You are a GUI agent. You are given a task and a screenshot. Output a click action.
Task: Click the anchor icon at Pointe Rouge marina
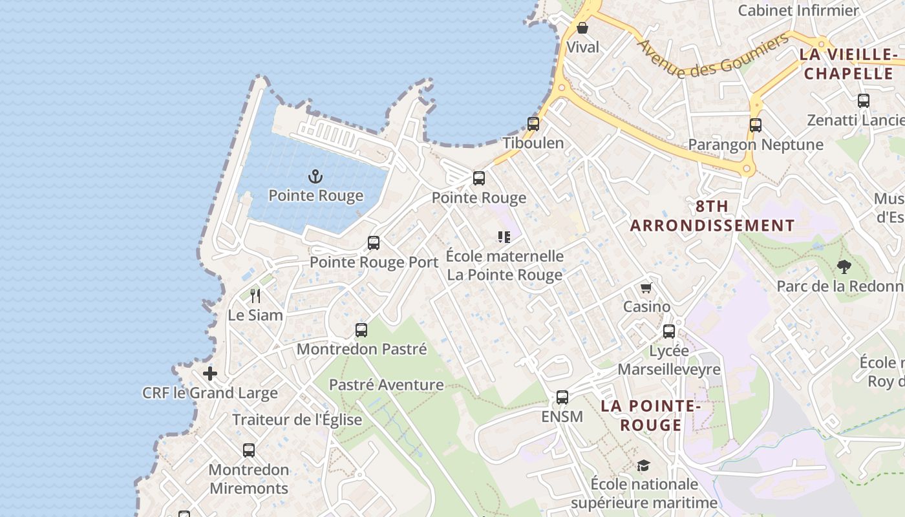[x=315, y=176]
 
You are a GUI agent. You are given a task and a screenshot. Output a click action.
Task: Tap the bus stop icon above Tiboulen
[x=533, y=123]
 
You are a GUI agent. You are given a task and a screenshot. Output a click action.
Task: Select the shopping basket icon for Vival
[x=582, y=28]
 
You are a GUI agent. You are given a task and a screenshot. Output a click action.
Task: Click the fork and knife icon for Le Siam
[x=255, y=296]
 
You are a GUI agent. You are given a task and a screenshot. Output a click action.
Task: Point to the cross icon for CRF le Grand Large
[x=210, y=374]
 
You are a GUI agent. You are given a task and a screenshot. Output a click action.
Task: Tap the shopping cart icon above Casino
[x=646, y=288]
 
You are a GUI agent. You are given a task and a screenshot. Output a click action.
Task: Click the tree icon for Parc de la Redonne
[x=844, y=266]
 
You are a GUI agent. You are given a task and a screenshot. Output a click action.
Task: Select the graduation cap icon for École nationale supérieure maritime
[x=643, y=465]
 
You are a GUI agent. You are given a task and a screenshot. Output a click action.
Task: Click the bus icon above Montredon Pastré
[x=361, y=330]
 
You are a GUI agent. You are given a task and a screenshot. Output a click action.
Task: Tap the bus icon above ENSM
[x=562, y=397]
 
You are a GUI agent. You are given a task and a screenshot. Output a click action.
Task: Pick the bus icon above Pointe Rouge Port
[x=374, y=243]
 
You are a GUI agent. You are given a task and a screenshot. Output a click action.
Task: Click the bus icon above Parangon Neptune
[x=756, y=125]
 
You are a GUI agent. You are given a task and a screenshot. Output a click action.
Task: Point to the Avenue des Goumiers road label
[x=713, y=55]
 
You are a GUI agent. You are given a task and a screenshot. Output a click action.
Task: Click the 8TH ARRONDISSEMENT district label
[x=712, y=216]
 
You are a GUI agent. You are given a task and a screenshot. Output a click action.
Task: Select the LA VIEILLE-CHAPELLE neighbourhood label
[x=848, y=63]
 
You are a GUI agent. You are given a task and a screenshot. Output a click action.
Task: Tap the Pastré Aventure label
[x=386, y=385]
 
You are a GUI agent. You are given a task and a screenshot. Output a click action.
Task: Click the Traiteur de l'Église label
[x=297, y=419]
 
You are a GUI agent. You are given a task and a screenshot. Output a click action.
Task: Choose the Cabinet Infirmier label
[x=798, y=10]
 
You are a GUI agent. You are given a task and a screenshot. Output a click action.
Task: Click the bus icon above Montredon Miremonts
[x=249, y=450]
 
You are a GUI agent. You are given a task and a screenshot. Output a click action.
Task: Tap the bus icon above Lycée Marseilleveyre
[x=669, y=332]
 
